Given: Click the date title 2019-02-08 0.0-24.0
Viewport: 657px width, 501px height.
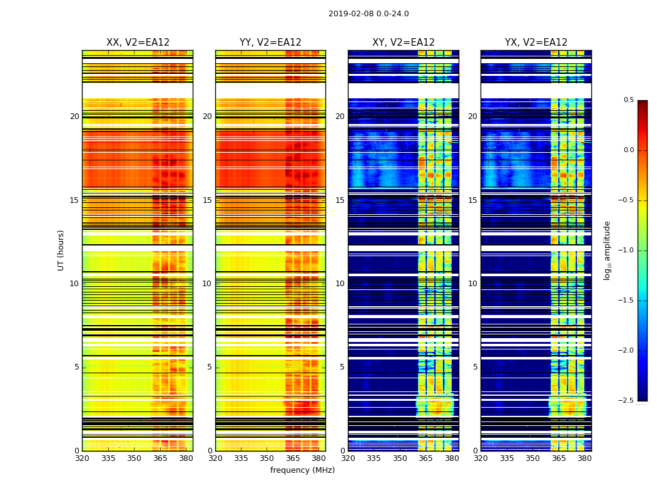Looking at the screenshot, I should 369,14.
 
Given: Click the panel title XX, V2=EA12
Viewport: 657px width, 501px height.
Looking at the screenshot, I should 138,43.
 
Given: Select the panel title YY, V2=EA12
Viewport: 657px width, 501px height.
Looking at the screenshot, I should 270,43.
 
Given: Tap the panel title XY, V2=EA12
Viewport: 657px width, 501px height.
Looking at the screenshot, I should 404,43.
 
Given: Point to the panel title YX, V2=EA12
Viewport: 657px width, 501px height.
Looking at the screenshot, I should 536,43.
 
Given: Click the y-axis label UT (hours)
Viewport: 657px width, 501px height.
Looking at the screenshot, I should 61,250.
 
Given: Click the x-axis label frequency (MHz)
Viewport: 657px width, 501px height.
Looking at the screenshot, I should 302,470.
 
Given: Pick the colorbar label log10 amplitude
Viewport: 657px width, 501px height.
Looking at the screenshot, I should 607,250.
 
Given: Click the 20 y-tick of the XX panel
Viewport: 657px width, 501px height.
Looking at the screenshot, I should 74,116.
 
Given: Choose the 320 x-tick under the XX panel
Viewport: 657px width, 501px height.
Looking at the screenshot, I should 82,458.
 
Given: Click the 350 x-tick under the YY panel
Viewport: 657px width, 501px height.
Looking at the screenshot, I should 267,458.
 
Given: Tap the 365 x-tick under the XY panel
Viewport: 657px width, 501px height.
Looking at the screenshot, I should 425,458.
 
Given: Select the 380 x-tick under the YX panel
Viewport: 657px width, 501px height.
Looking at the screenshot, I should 584,458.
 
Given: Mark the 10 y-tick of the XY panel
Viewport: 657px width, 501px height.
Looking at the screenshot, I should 340,284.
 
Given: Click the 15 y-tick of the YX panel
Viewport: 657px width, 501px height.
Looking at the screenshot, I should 473,200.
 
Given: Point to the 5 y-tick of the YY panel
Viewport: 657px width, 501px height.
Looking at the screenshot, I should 210,367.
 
